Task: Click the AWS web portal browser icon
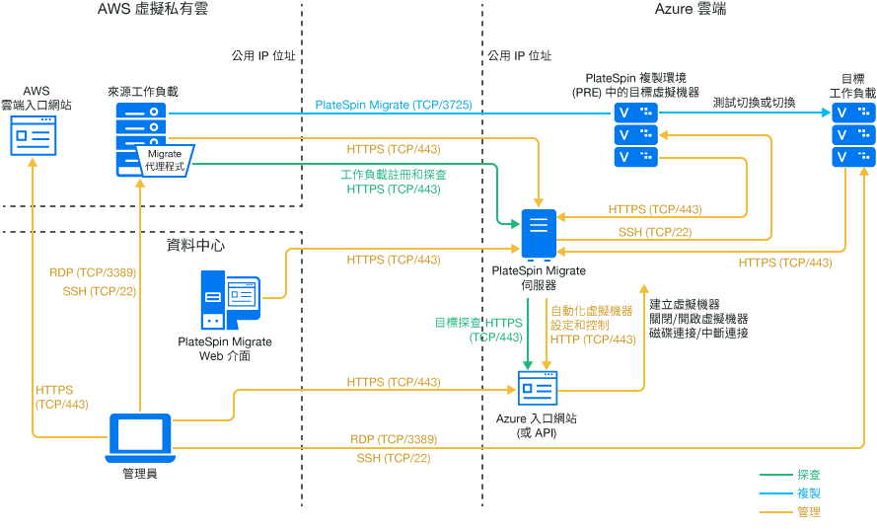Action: click(x=34, y=135)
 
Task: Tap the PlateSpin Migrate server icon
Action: click(x=538, y=235)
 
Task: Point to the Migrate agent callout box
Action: click(x=165, y=160)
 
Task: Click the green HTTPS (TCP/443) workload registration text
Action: click(x=394, y=189)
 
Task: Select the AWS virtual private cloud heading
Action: click(x=153, y=10)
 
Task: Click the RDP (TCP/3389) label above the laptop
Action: click(x=93, y=272)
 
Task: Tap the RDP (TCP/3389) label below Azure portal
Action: click(x=394, y=439)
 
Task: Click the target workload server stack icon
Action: click(x=853, y=134)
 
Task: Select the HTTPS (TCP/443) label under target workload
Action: click(x=784, y=263)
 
